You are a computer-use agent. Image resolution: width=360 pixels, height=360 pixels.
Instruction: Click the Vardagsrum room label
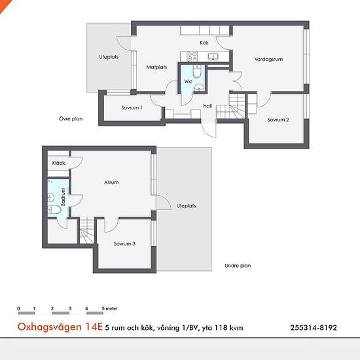[268, 59]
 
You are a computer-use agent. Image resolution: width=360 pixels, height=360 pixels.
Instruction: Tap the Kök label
[204, 43]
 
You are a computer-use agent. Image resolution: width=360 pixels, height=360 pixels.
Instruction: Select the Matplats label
[156, 67]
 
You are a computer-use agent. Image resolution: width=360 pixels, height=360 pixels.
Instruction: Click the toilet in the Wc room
[197, 71]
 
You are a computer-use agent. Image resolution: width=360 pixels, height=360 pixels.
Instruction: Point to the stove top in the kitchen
[192, 56]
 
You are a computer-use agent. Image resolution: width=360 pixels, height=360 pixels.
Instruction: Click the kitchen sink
[213, 56]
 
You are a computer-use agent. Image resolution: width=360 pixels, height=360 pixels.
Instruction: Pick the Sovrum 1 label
[132, 107]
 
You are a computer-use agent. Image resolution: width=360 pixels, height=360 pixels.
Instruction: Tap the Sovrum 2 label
[278, 120]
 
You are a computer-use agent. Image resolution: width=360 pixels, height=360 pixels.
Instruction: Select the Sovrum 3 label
[124, 243]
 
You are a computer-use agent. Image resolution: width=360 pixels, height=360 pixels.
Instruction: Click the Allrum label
[111, 183]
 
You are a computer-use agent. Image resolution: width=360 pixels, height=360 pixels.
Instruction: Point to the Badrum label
[63, 196]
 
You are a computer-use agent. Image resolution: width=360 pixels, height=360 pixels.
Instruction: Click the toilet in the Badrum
[54, 209]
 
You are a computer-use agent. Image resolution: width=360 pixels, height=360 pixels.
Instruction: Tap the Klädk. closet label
[59, 163]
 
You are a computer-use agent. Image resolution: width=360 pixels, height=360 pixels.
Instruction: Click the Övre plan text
[71, 118]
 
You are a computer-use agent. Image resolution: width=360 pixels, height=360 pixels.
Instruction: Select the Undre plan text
[238, 266]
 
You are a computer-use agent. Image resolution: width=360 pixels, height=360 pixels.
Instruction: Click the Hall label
[207, 106]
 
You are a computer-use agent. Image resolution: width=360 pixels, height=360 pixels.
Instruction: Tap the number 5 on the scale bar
[103, 308]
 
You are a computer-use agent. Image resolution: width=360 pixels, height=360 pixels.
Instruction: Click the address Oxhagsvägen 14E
[60, 327]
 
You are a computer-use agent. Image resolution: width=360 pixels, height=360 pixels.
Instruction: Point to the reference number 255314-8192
[314, 328]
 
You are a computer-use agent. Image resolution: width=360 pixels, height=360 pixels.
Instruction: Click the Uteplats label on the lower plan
[186, 206]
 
